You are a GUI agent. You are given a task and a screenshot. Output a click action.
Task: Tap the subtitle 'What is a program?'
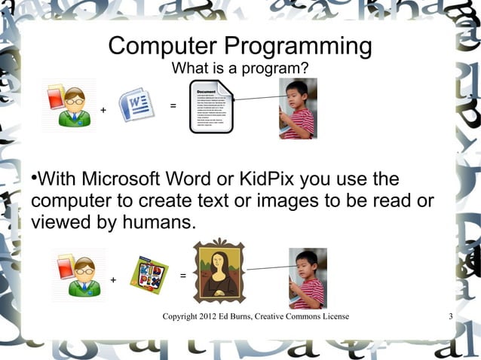click(x=240, y=69)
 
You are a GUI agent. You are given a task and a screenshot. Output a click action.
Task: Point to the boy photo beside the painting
click(x=308, y=279)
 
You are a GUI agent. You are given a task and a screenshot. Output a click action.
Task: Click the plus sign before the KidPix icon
click(x=113, y=281)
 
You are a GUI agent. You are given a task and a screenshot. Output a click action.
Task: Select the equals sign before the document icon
click(x=173, y=105)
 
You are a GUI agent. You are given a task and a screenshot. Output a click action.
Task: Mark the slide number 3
click(x=450, y=316)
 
